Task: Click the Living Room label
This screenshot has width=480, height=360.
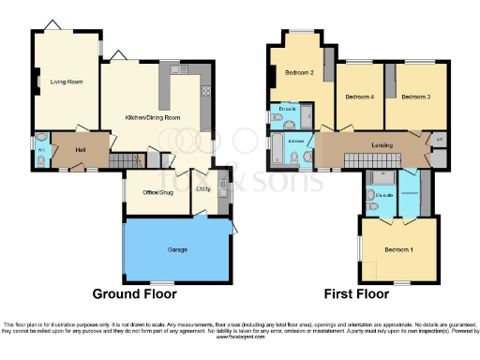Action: click(67, 82)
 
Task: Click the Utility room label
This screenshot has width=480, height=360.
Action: click(202, 189)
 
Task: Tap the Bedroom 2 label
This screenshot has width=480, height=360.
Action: click(299, 74)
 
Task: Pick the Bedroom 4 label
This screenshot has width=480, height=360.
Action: click(359, 97)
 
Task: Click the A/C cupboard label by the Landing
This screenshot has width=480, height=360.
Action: click(440, 141)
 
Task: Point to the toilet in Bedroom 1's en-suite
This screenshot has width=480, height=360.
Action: click(372, 196)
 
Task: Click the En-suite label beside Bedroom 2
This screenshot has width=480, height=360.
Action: click(288, 109)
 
